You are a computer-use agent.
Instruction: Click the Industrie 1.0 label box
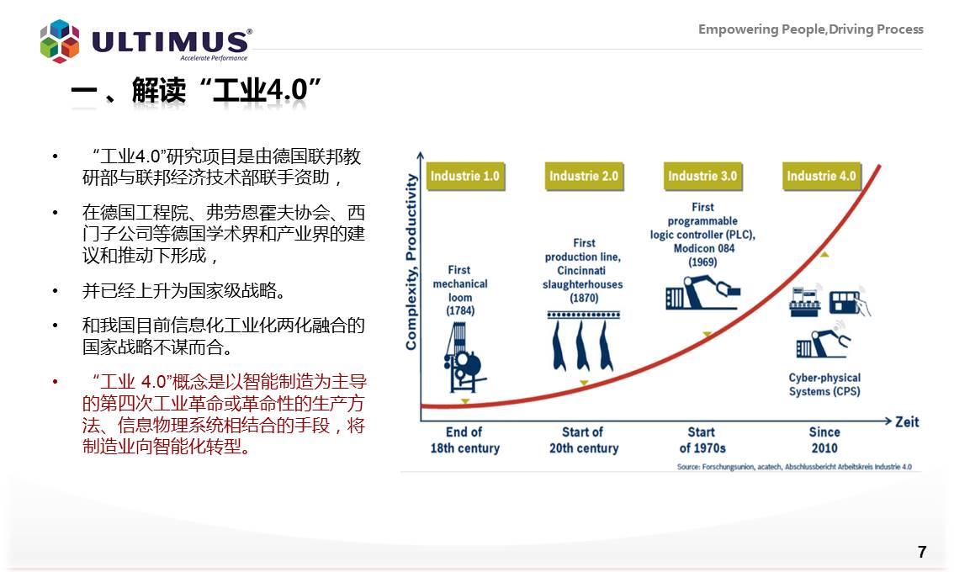click(465, 177)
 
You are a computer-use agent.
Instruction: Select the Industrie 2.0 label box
click(584, 177)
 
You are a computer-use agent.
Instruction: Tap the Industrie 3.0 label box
click(702, 177)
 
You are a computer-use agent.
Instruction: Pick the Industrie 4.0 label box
click(821, 177)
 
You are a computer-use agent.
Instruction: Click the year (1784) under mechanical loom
click(460, 311)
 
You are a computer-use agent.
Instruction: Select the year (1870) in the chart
click(584, 298)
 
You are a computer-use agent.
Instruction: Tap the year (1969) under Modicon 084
click(702, 262)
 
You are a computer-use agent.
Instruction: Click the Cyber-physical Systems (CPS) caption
click(824, 384)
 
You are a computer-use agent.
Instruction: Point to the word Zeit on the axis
click(907, 421)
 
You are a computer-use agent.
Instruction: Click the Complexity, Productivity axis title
click(411, 262)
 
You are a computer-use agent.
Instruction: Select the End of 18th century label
click(465, 440)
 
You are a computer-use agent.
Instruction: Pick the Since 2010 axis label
click(824, 440)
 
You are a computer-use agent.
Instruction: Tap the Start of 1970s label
click(702, 440)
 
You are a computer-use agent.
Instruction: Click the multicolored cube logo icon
click(60, 41)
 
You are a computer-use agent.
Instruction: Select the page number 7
click(922, 552)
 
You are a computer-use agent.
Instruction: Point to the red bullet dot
click(56, 382)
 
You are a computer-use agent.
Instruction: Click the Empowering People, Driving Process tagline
click(810, 29)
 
